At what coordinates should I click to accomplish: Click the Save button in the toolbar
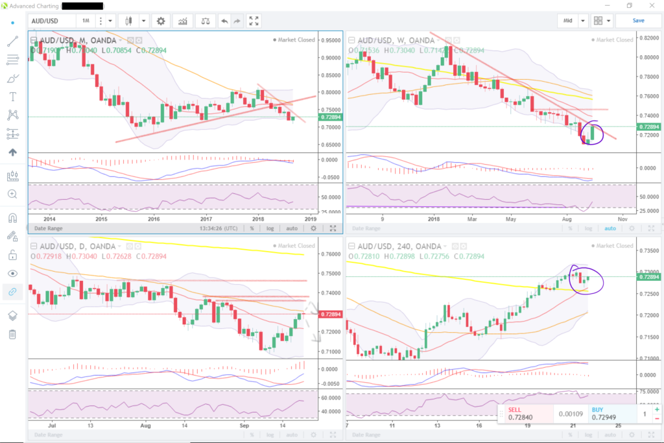[x=638, y=21]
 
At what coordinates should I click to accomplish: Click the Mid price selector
[x=568, y=21]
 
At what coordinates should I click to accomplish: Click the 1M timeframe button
[x=86, y=21]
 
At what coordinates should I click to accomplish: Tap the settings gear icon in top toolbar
[x=160, y=21]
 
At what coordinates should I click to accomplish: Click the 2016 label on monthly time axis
[x=154, y=219]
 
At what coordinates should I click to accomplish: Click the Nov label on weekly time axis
[x=622, y=219]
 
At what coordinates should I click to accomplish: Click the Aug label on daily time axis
[x=145, y=425]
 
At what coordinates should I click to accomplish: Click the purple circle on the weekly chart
[x=593, y=132]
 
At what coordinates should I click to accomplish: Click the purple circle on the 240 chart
[x=586, y=278]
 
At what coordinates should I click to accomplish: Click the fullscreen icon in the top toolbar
[x=254, y=21]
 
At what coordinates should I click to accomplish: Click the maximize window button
[x=629, y=6]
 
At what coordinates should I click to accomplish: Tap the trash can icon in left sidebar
[x=12, y=335]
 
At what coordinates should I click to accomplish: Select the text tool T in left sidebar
[x=12, y=97]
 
